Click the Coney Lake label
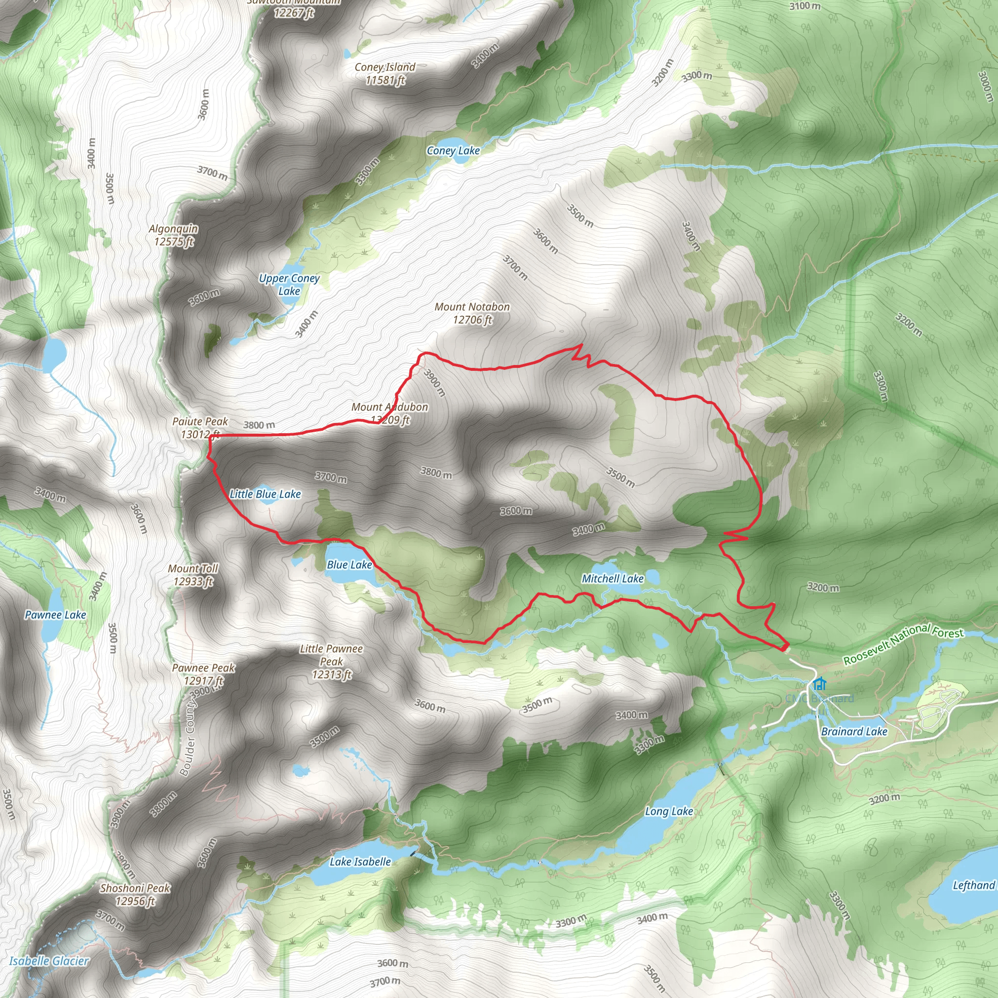(453, 151)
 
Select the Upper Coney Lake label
(289, 285)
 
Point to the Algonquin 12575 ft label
(173, 235)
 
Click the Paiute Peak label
(200, 428)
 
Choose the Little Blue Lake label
(265, 494)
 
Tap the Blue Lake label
(349, 565)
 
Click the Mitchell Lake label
(613, 579)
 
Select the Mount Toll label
(193, 575)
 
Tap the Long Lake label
(669, 811)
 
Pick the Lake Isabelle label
(360, 862)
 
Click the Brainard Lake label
(854, 731)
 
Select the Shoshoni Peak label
(135, 895)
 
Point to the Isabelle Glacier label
(49, 961)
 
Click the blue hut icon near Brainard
(819, 685)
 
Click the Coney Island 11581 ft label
(385, 74)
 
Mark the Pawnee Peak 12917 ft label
(204, 674)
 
